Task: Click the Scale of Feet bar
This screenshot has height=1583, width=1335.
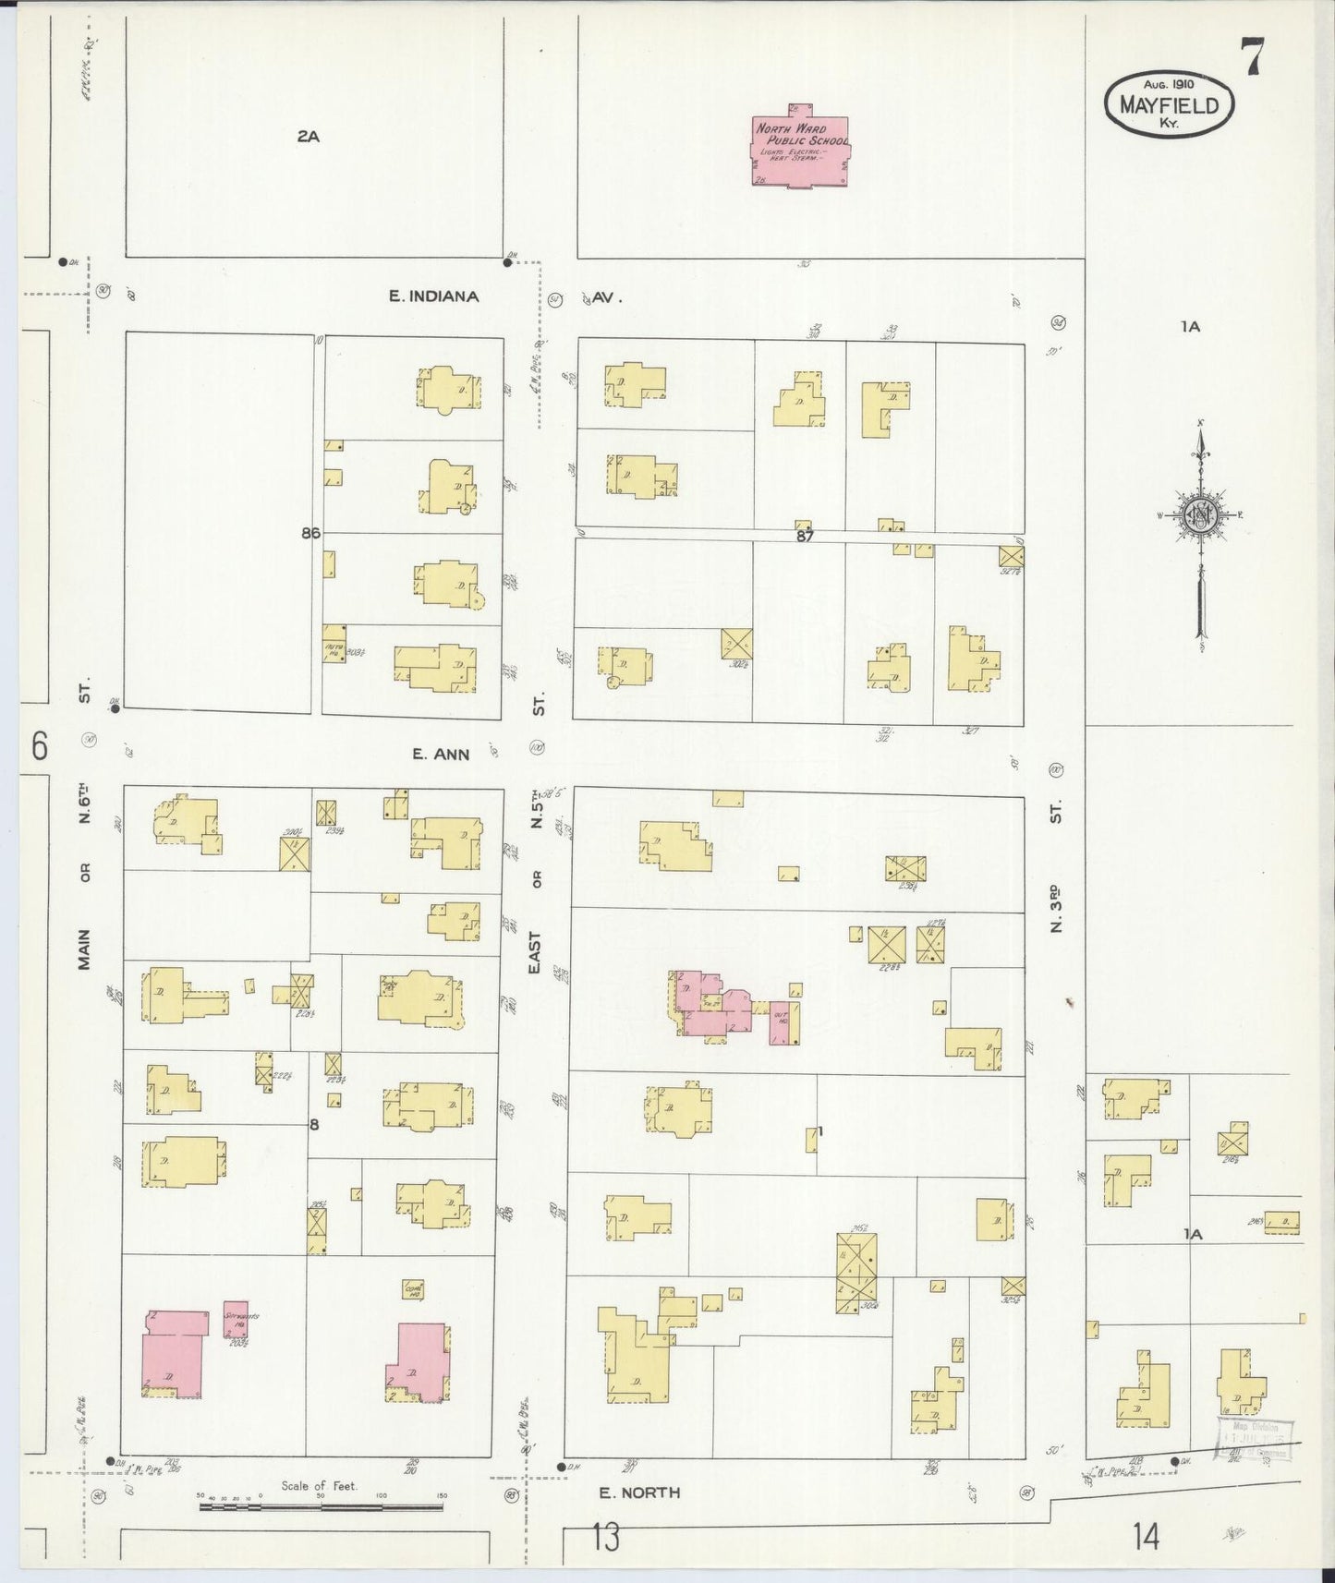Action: coord(320,1506)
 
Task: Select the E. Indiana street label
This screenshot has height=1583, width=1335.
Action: coord(433,296)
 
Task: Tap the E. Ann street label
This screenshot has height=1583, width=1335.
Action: coord(441,754)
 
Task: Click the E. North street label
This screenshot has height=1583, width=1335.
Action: coord(639,1492)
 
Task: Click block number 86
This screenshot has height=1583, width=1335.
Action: coord(309,533)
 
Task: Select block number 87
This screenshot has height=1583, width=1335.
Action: coord(805,536)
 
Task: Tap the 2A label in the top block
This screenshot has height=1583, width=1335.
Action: coord(308,137)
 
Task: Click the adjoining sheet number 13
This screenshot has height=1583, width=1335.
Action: coord(605,1538)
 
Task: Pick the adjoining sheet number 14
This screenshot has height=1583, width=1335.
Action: coord(1146,1537)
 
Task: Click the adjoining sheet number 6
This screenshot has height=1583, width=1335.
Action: coord(39,745)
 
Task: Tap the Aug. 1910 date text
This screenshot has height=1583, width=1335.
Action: coord(1169,83)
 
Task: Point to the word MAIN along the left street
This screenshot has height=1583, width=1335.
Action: coord(84,949)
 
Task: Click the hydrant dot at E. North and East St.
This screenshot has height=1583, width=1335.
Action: coord(561,1467)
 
